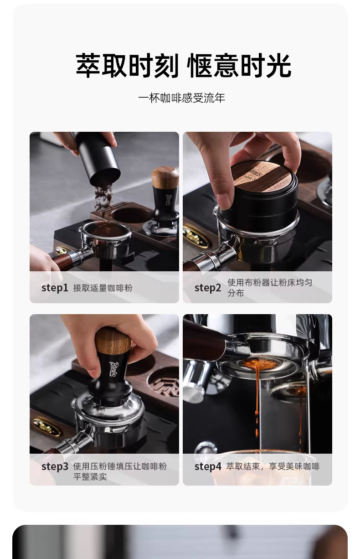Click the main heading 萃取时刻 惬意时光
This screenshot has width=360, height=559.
(x=183, y=66)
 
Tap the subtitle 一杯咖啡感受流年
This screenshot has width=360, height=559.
(x=182, y=98)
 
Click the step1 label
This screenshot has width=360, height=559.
(x=55, y=288)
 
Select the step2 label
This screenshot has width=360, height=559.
(x=207, y=288)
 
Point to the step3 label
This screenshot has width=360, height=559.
(x=55, y=466)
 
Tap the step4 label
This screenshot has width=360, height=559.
(x=208, y=466)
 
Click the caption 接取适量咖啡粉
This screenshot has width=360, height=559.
(x=103, y=288)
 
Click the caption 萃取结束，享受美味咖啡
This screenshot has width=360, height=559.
(x=273, y=466)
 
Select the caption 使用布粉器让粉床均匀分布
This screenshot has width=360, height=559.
(x=270, y=288)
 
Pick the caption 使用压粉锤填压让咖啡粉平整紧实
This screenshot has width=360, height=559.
(x=120, y=471)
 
